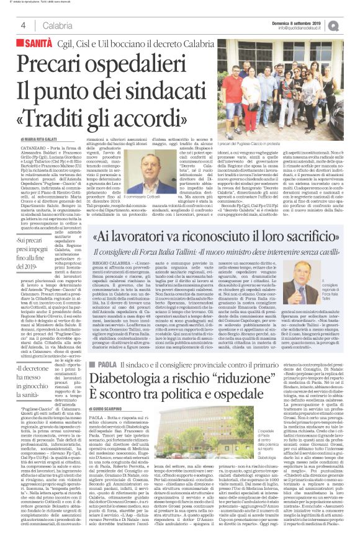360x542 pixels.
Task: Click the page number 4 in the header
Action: [23, 25]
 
